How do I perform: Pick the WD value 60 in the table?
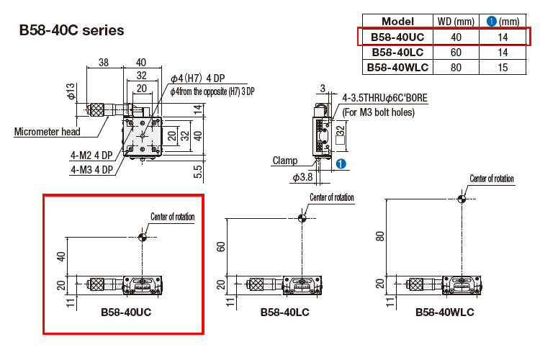pyautogui.click(x=456, y=52)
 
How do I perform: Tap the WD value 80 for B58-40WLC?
pyautogui.click(x=456, y=67)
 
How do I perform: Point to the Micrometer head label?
pyautogui.click(x=45, y=131)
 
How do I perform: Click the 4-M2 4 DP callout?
pyautogui.click(x=91, y=155)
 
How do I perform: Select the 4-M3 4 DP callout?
pyautogui.click(x=91, y=170)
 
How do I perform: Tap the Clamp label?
pyautogui.click(x=285, y=161)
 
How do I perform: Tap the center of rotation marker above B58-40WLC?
pyautogui.click(x=462, y=199)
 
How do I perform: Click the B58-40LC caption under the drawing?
pyautogui.click(x=286, y=313)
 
